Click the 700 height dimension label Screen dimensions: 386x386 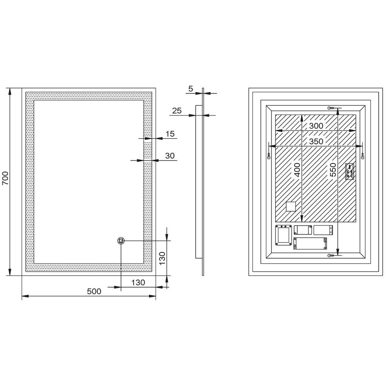tap(5, 178)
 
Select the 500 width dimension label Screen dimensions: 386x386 tap(94, 291)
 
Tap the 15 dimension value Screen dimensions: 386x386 tap(170, 134)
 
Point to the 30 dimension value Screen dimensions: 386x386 tap(170, 156)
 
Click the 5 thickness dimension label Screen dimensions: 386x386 tap(191, 89)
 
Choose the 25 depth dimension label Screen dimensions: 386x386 tap(177, 111)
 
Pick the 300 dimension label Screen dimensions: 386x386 tap(316, 126)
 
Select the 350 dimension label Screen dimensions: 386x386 tap(316, 141)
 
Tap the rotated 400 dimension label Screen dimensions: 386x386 tap(297, 170)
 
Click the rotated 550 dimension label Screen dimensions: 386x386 tap(333, 169)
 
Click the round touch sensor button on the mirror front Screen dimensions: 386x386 tap(121, 240)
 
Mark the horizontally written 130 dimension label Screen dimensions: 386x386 tap(138, 283)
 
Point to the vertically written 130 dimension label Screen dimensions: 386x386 tap(162, 258)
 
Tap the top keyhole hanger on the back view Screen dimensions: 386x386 tap(331, 108)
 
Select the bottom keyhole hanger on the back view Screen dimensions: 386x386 tap(331, 256)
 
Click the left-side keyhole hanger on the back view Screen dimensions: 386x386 tap(269, 156)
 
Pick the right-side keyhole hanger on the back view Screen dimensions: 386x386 tap(362, 156)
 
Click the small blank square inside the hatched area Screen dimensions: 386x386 tap(291, 206)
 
